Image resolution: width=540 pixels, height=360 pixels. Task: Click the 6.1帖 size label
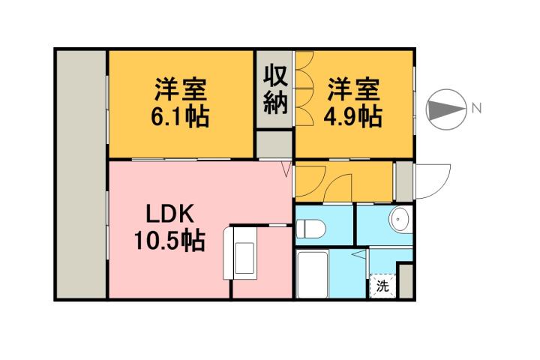[181, 117]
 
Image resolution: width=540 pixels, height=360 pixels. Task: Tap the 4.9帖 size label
[352, 117]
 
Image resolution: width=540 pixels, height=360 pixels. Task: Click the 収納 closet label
[275, 89]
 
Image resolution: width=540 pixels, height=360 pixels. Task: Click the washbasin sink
[400, 220]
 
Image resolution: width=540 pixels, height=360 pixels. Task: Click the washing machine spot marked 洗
[382, 285]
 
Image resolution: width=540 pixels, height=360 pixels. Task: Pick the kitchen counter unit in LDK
[244, 253]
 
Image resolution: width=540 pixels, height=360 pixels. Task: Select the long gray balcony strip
[81, 174]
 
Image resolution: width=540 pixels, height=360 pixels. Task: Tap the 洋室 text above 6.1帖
[181, 89]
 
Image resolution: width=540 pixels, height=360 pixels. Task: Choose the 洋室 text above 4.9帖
[352, 89]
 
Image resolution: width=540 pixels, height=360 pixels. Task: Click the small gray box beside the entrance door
[404, 181]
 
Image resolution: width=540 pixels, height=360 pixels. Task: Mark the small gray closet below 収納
[275, 143]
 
